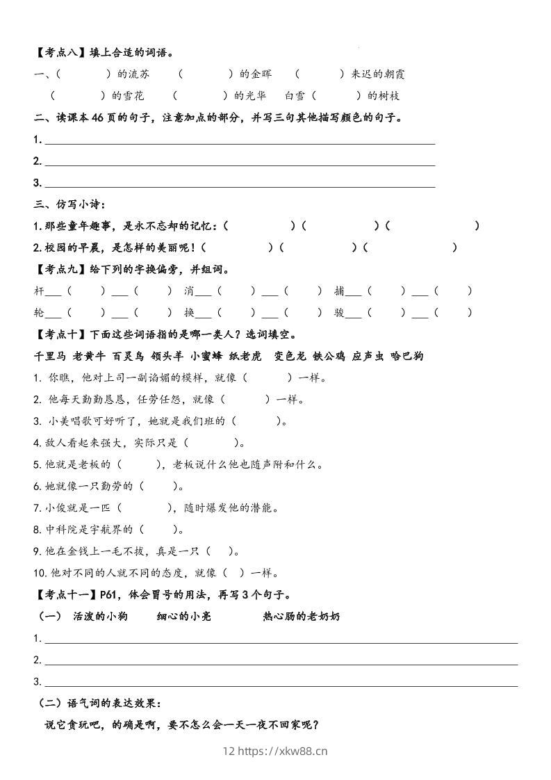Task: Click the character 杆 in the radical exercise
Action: coord(39,291)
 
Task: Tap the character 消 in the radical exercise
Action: coord(189,291)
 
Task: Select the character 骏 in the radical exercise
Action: coord(339,312)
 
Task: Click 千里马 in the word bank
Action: coord(50,356)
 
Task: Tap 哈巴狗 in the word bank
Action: coord(407,356)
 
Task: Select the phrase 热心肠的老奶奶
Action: coord(302,616)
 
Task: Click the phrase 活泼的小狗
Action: coord(100,616)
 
